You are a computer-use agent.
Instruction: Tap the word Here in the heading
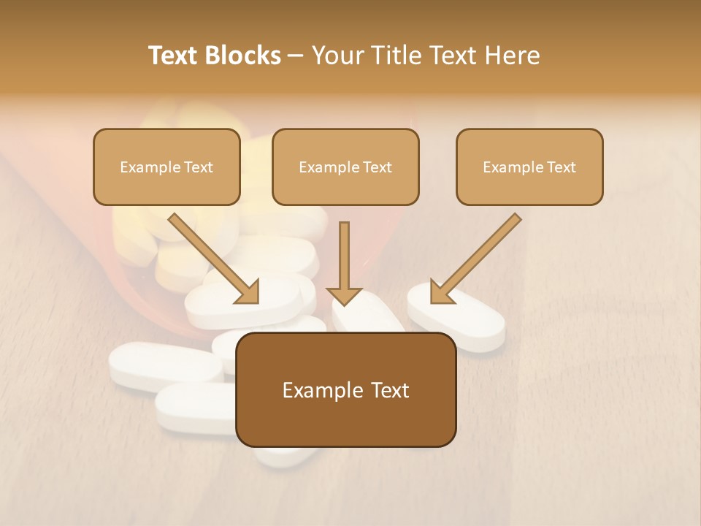click(512, 56)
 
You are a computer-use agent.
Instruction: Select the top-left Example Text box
click(166, 167)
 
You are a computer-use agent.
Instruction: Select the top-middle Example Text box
click(345, 167)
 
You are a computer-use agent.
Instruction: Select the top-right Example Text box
click(529, 167)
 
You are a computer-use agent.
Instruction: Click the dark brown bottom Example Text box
click(345, 389)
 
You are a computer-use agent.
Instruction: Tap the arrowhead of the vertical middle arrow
click(344, 295)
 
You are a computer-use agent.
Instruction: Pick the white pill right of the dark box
click(467, 318)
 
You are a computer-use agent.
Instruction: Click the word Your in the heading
click(337, 56)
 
